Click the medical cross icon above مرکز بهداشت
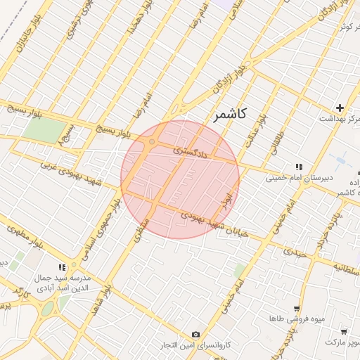[340, 108]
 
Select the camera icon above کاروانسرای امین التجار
[195, 334]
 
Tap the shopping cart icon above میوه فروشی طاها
[297, 308]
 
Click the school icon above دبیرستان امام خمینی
[300, 167]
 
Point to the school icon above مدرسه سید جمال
[63, 266]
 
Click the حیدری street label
[295, 250]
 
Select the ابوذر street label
[226, 195]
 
